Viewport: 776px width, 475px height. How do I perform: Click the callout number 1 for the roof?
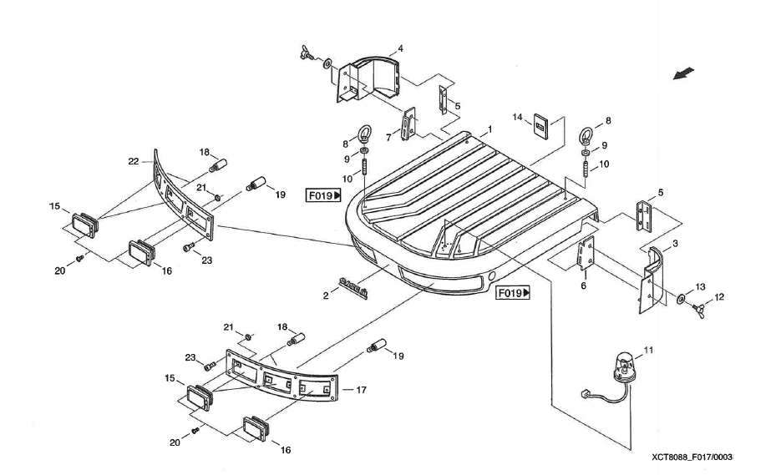coord(489,129)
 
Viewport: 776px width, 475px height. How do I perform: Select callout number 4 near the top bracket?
coord(400,49)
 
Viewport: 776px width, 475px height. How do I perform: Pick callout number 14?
coord(518,118)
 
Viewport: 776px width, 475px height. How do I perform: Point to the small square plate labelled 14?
coord(541,127)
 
